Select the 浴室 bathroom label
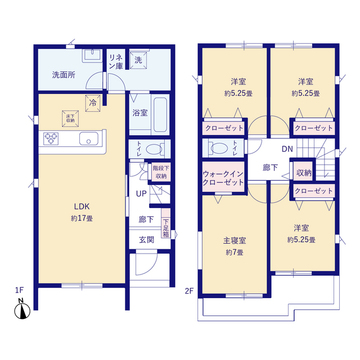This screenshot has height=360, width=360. coord(141,113)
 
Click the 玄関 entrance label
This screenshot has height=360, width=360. coord(146,238)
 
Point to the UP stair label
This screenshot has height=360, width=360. coord(141,193)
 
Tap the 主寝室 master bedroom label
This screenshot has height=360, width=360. coord(234,240)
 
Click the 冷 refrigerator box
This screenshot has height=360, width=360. coord(92,102)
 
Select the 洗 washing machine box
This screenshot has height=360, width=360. coord(139,62)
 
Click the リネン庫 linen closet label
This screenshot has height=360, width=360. coord(117,62)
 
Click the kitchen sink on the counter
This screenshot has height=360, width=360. coord(84,137)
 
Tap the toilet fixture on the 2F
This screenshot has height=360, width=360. coord(214,148)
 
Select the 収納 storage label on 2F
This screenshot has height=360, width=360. coord(302,173)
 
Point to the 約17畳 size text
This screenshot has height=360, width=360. coord(81,219)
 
